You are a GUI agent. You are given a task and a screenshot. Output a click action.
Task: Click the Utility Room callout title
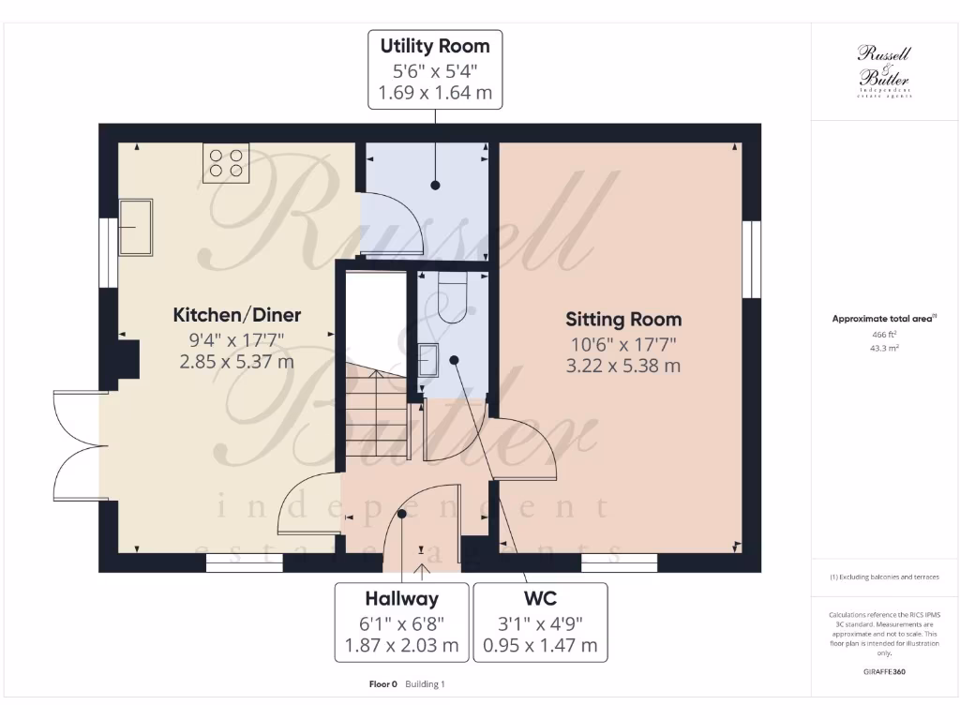coord(434,45)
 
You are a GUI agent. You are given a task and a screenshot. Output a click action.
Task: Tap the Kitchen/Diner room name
coord(236,315)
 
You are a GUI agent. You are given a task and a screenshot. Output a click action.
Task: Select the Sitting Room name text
coord(622,320)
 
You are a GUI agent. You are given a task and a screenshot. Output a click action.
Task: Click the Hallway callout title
coord(401,598)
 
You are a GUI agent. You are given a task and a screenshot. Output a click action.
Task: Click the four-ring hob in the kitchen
coord(226,161)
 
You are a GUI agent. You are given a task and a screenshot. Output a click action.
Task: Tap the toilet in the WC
coord(452,298)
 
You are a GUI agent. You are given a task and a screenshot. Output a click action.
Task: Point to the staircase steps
coord(373,412)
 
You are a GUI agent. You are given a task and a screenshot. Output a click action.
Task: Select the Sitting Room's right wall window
coord(751,260)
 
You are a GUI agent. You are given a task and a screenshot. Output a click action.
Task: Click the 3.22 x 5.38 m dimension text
coord(622,366)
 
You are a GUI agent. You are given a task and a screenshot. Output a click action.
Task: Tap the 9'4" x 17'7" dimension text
coord(236,339)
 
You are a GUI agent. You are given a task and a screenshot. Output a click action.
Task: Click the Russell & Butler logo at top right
coord(884,69)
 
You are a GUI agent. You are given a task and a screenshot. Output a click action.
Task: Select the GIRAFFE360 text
coord(883,672)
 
